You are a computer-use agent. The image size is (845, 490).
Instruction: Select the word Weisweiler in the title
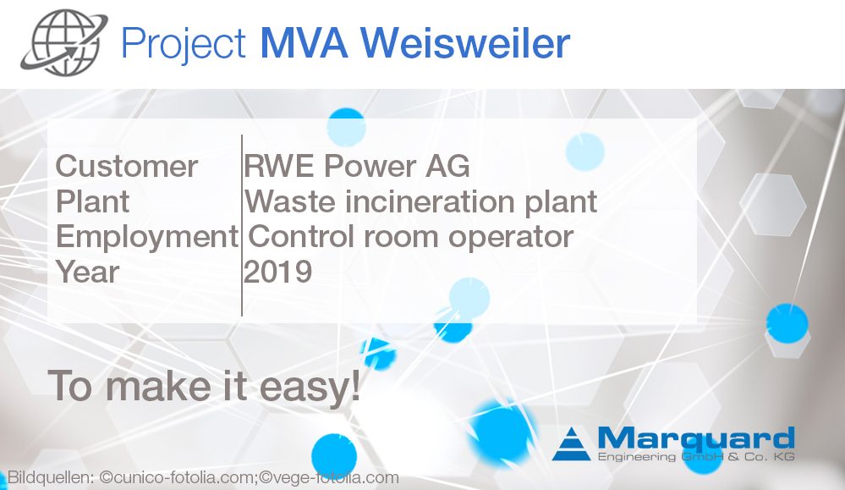tap(473, 43)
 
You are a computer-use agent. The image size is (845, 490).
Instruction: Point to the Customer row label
tap(126, 166)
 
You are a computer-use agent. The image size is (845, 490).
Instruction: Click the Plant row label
tap(92, 202)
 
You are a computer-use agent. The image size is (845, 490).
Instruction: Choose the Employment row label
tap(146, 237)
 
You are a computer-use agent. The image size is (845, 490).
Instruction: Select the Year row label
tap(87, 273)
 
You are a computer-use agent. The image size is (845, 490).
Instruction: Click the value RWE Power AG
tap(356, 166)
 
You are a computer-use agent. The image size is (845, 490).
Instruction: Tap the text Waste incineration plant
tap(420, 202)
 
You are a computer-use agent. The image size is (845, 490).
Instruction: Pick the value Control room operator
tap(411, 237)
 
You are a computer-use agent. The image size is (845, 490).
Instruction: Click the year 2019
tap(278, 273)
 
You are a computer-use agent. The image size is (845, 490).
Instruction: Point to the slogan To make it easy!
tap(204, 385)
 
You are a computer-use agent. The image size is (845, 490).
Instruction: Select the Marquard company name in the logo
tap(695, 438)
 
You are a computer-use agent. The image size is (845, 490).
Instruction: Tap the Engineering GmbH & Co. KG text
tap(695, 458)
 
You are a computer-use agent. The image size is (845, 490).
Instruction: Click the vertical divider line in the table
tap(242, 224)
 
